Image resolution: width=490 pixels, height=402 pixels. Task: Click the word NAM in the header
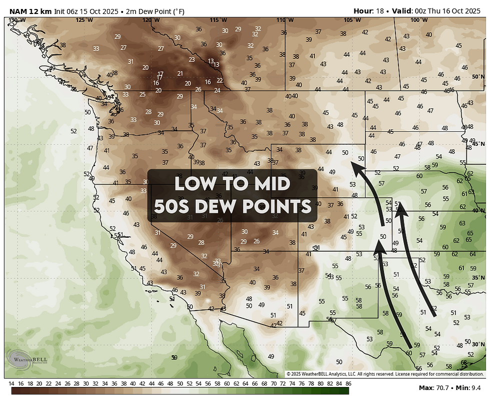[18, 11]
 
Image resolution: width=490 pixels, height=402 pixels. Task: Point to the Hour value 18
[380, 11]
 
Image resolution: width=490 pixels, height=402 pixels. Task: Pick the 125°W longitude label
[84, 20]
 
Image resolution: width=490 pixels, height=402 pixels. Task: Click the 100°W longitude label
[415, 20]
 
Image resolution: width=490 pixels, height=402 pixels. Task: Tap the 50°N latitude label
[478, 76]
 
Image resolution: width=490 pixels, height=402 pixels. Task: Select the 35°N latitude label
[478, 278]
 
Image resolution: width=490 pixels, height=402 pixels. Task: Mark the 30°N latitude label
[478, 344]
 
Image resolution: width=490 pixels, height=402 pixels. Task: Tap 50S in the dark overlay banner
[179, 206]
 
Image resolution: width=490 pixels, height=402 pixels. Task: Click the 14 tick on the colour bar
[11, 384]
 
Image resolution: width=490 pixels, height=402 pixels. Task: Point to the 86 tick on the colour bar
[348, 384]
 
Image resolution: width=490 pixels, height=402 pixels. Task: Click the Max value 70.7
[443, 388]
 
